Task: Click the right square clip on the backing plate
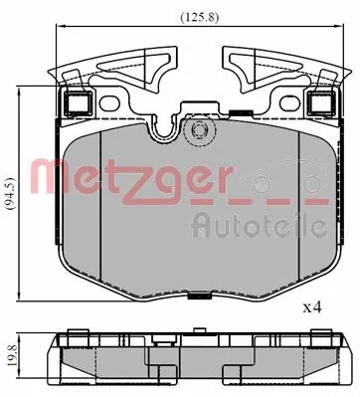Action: coord(319,102)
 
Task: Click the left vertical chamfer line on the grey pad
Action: coord(98,199)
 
